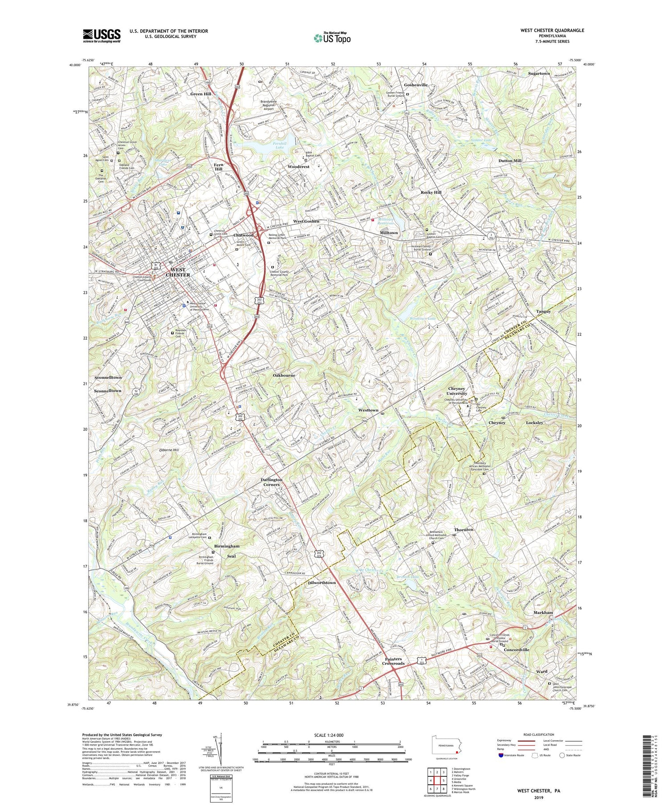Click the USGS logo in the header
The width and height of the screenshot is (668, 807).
[102, 36]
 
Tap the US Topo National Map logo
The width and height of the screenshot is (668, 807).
[332, 38]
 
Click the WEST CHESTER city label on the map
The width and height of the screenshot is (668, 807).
[178, 272]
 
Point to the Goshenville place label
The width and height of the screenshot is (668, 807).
[415, 85]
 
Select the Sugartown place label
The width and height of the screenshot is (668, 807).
[539, 73]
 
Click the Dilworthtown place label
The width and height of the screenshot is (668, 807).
[322, 583]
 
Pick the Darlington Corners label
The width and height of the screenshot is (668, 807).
[272, 482]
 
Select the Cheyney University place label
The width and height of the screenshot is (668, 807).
[457, 391]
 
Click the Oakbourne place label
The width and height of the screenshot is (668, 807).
[284, 375]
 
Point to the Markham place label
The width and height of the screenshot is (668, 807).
[543, 612]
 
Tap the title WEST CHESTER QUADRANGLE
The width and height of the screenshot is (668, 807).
[552, 30]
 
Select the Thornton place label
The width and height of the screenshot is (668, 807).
[464, 530]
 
